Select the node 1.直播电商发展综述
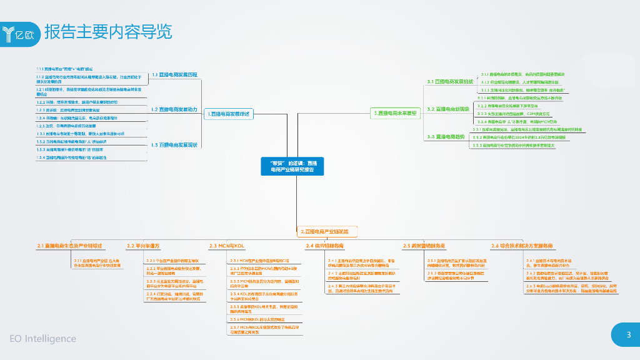coord(229,114)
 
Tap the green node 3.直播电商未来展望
coord(395,114)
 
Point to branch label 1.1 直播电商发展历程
coord(174,74)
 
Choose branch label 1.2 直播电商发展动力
coord(174,109)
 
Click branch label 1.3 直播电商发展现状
coord(174,144)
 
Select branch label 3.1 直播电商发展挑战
coord(450,82)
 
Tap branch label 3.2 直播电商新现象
coord(448,109)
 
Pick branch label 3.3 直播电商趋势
coord(446,136)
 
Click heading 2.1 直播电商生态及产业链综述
coord(69,246)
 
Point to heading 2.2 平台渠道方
coord(143,246)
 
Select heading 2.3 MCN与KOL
coord(226,246)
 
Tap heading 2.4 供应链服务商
coord(324,246)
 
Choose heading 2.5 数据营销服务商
coord(424,246)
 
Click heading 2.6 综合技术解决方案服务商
coord(522,246)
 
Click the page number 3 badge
coord(628,335)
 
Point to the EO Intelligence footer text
coord(42,339)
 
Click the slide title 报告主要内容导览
coord(107,32)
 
